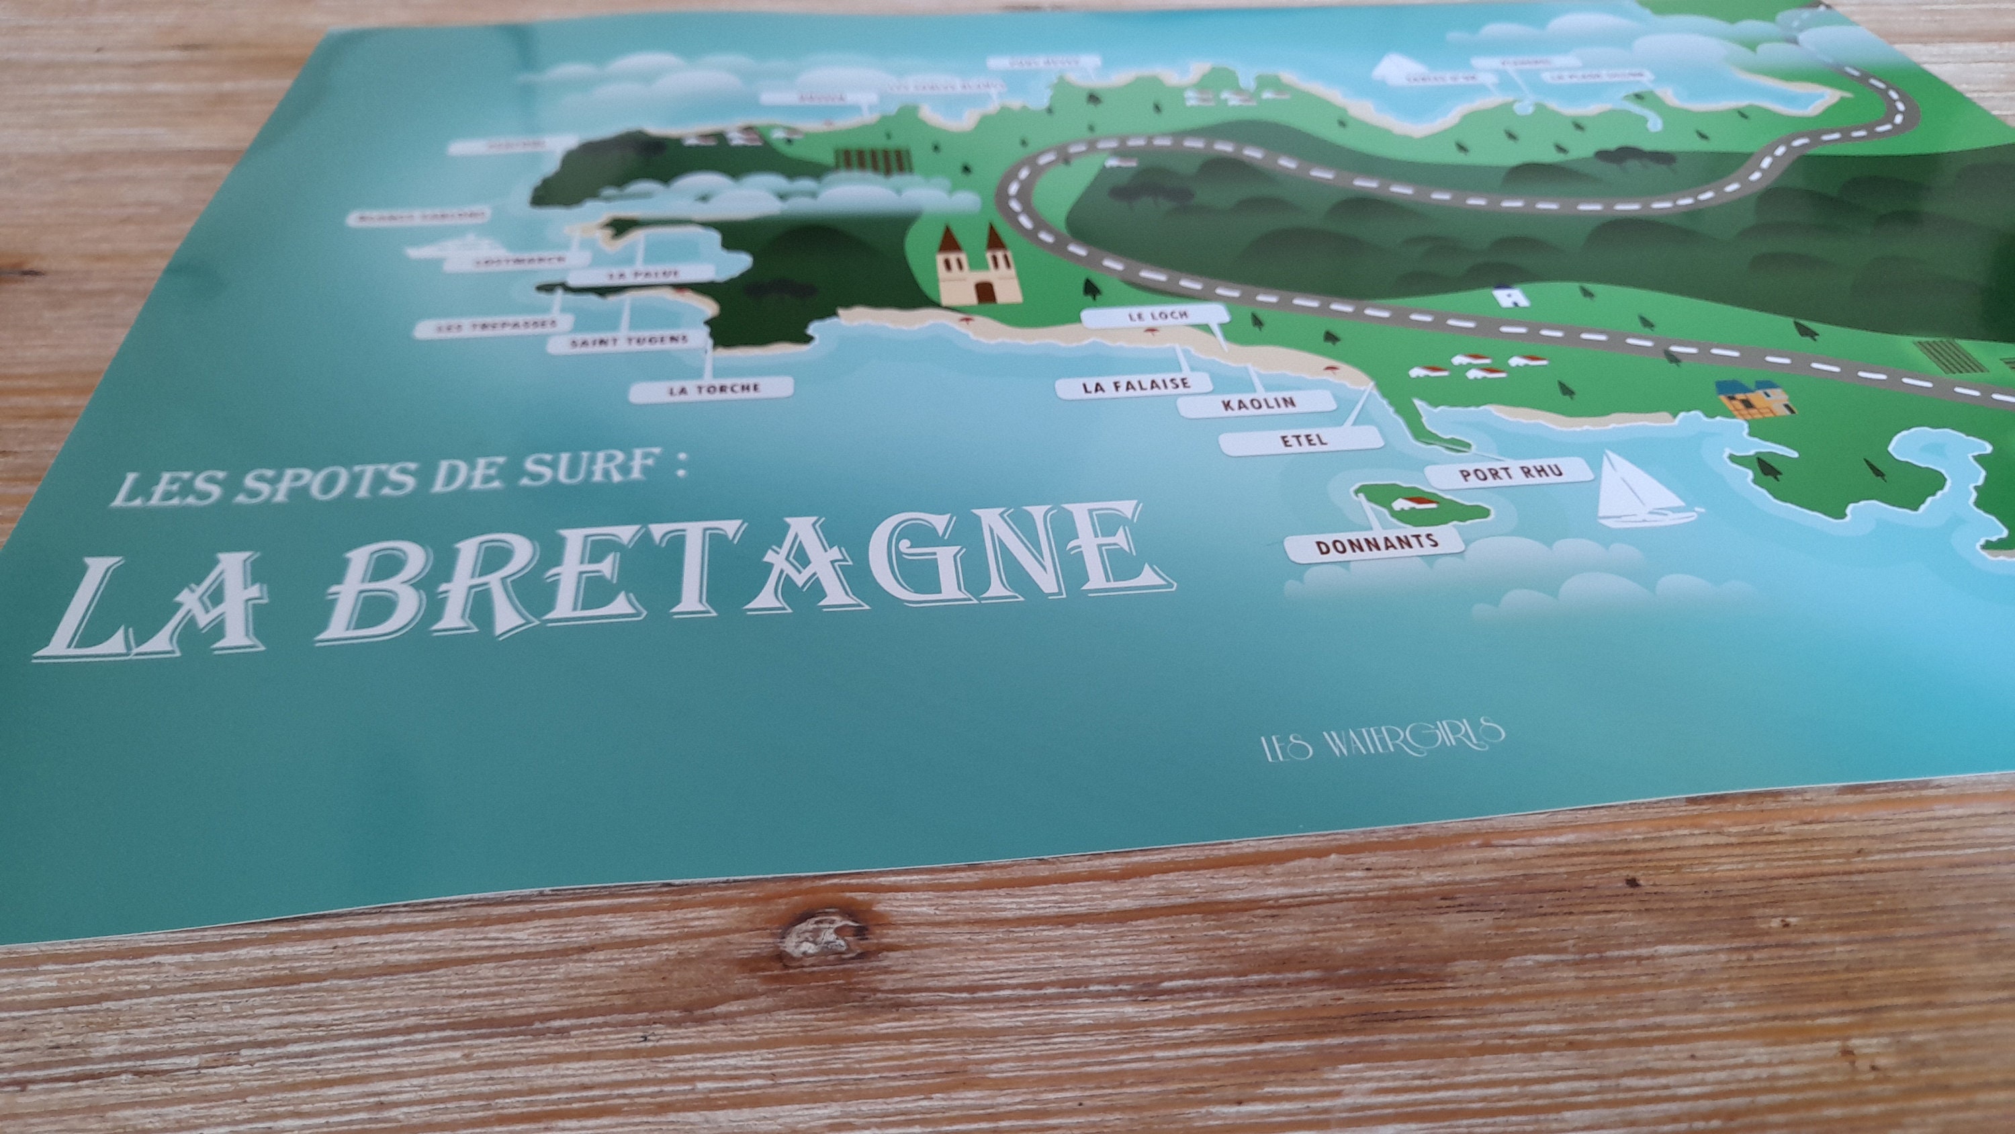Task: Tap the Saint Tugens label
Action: (x=628, y=342)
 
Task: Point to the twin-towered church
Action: (x=978, y=266)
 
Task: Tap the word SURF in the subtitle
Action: (x=607, y=474)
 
